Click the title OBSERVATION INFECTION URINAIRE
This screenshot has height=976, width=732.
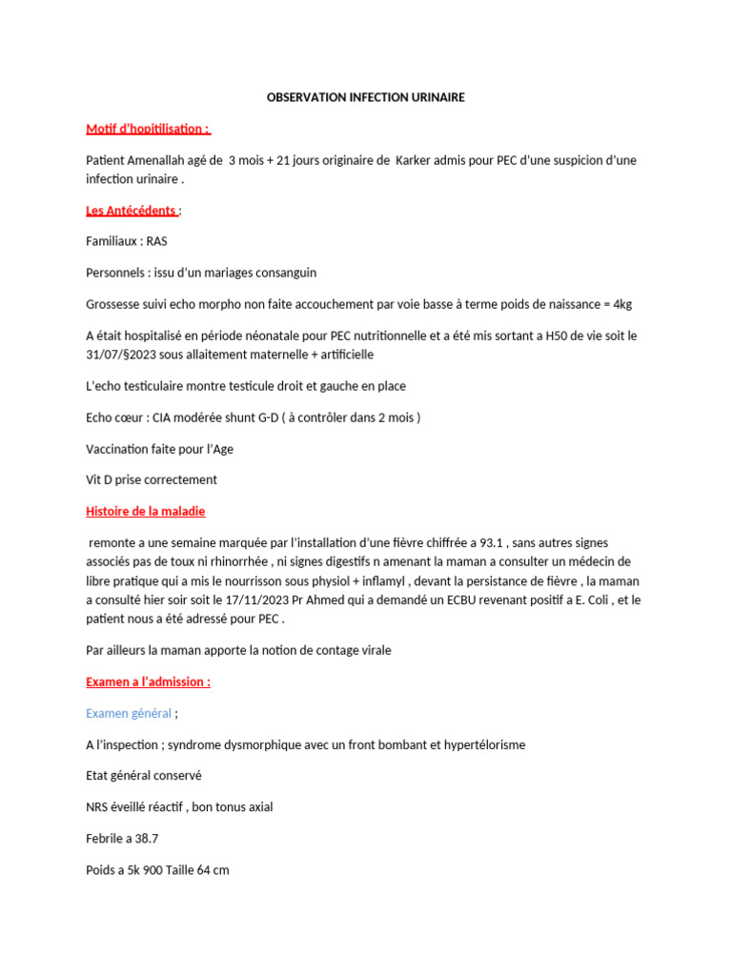365,97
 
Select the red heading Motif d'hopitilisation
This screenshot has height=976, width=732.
148,129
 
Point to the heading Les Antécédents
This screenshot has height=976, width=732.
131,210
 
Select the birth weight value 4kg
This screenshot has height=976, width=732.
621,304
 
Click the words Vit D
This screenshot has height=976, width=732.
99,479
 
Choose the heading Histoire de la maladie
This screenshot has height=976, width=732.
145,511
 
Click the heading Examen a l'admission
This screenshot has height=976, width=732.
148,681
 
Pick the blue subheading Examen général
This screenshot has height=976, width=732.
129,713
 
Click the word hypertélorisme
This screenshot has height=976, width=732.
479,744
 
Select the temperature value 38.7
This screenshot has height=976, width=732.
146,838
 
